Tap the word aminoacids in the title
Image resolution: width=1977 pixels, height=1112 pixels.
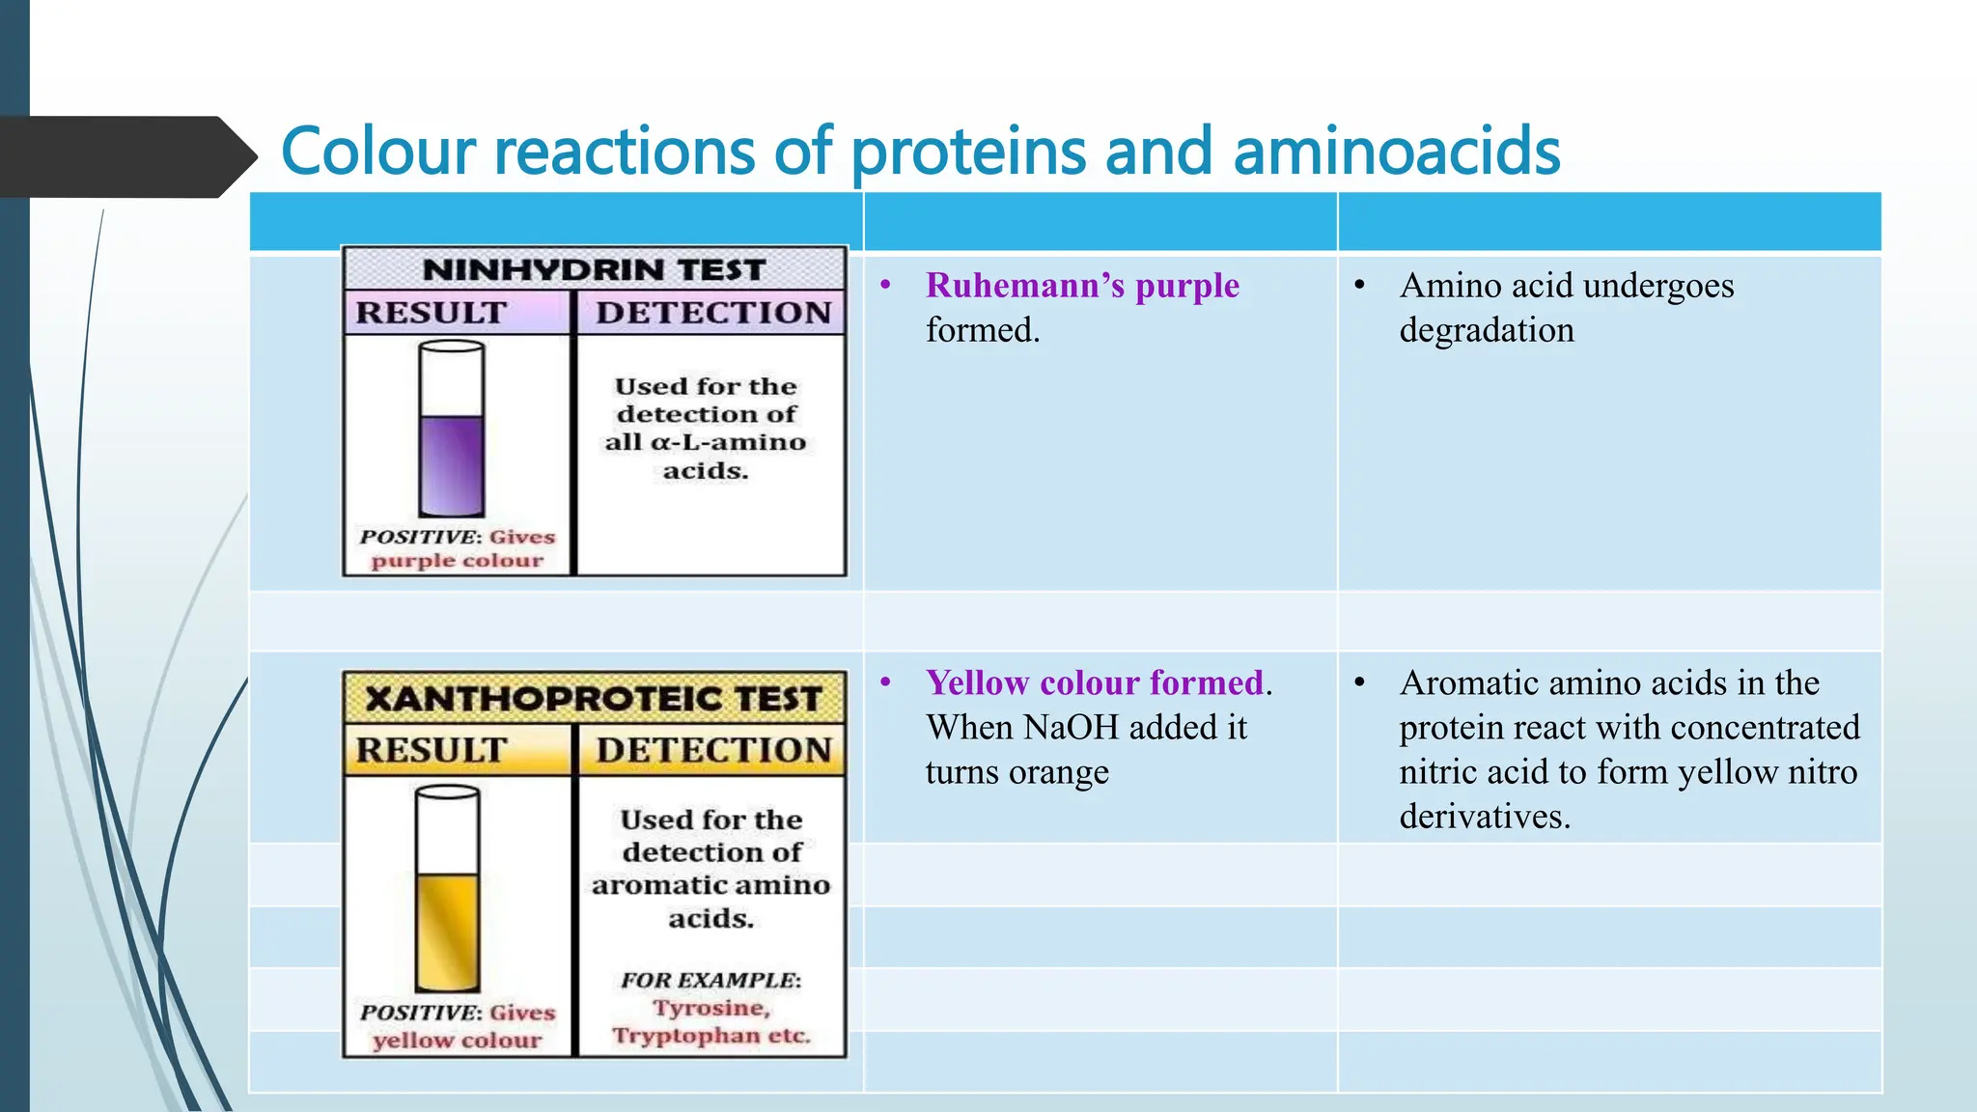click(1396, 152)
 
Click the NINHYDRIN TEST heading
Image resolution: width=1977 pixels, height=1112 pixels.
click(594, 269)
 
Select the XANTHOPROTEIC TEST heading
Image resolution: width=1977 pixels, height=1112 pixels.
click(594, 698)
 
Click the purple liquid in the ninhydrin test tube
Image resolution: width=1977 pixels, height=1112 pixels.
click(452, 465)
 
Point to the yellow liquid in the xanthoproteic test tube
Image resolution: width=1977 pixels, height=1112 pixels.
click(448, 931)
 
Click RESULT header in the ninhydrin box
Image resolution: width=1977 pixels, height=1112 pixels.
click(431, 313)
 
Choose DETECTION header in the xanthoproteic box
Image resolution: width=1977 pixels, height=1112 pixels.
click(713, 750)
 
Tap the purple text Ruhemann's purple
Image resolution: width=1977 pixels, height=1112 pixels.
click(1082, 286)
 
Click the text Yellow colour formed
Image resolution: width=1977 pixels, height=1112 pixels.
click(1095, 683)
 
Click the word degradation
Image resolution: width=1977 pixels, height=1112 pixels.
click(1487, 330)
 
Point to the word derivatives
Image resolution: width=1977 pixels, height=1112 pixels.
click(1484, 817)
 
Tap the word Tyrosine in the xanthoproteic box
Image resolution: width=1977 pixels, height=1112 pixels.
click(711, 1008)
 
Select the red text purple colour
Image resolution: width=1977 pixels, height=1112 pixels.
click(457, 561)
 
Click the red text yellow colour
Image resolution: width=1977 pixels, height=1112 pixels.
click(457, 1041)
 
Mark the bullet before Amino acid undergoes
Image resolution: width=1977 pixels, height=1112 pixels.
click(1359, 286)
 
